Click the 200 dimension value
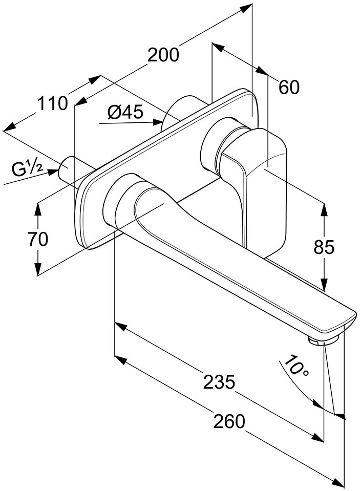163,55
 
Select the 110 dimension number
52,103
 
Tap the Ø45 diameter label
125,112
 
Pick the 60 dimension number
289,87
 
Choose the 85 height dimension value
324,247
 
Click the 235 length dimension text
219,381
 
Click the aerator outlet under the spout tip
324,340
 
